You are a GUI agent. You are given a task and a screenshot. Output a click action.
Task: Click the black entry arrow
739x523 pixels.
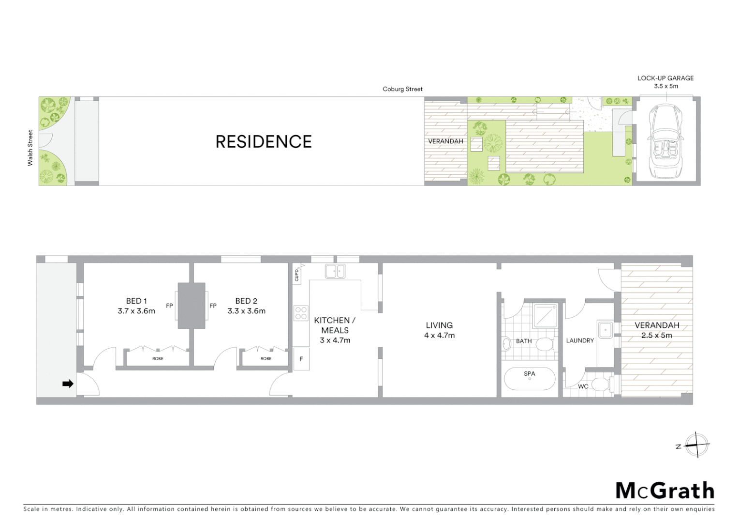[68, 384]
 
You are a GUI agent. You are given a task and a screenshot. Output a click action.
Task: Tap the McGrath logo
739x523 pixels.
[665, 491]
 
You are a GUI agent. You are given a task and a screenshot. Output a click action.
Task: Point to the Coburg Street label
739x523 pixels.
[402, 89]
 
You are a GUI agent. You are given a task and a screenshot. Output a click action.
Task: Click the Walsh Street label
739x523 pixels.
[30, 148]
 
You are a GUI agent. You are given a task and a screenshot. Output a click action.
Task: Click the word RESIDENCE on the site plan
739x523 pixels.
[264, 142]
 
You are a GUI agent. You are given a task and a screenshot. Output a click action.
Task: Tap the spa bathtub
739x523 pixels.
[530, 379]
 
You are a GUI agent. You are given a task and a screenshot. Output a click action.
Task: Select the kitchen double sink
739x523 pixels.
[335, 271]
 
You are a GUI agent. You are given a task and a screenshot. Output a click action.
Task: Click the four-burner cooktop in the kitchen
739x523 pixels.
[301, 313]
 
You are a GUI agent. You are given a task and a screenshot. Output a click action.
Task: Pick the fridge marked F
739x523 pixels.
[301, 359]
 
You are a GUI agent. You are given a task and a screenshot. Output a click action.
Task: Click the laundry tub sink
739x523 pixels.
[605, 331]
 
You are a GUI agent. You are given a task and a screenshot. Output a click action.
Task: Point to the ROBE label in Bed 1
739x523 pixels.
[158, 359]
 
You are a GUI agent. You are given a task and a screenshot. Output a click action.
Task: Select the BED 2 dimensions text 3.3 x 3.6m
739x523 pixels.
[247, 311]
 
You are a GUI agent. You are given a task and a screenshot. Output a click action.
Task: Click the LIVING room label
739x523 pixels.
[439, 325]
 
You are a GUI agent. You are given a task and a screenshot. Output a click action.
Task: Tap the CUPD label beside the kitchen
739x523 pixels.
[296, 275]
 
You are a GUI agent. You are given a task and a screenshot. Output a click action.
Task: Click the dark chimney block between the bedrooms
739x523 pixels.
[192, 306]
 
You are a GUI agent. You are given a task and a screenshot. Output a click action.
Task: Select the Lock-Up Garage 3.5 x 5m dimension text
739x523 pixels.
[666, 86]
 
